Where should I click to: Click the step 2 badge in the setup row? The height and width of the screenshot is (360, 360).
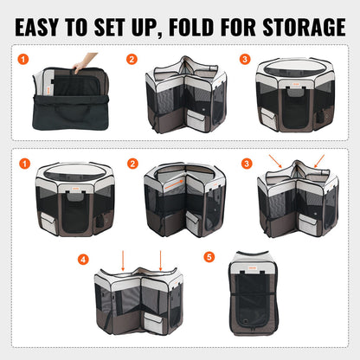tap(132, 60)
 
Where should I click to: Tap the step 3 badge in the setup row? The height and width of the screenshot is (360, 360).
tap(246, 60)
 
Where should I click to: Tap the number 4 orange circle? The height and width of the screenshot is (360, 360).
tap(83, 258)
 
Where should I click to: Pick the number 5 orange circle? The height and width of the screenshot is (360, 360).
tap(208, 257)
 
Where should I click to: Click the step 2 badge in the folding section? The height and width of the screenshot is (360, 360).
tap(132, 163)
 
